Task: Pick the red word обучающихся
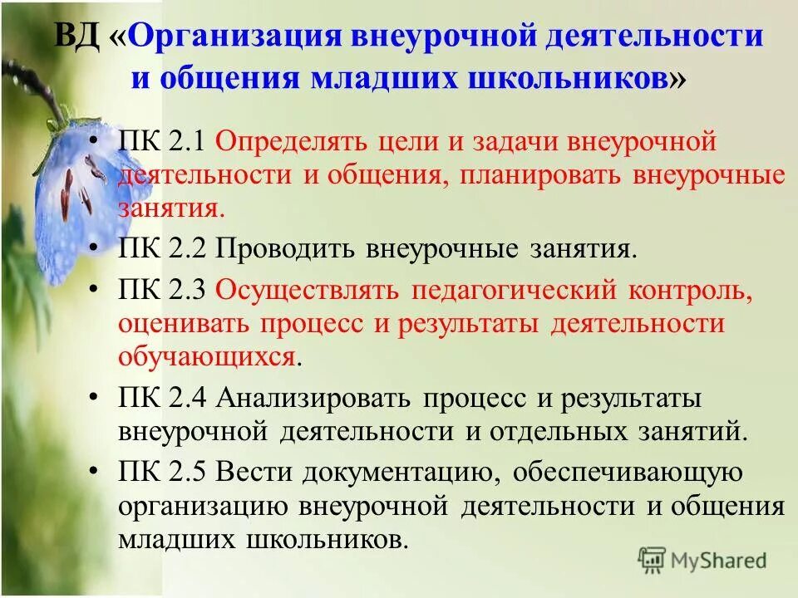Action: point(207,357)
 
